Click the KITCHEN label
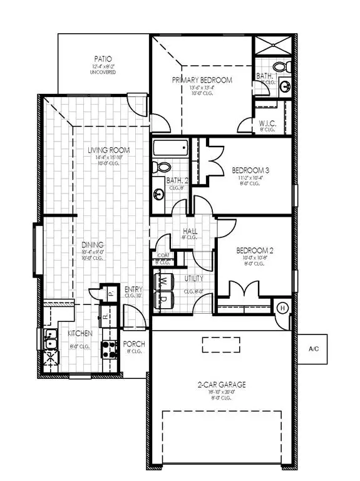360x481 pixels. [x=81, y=334]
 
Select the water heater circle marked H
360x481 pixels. [x=282, y=308]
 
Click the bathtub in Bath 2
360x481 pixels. [x=170, y=150]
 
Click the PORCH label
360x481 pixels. [x=134, y=344]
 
